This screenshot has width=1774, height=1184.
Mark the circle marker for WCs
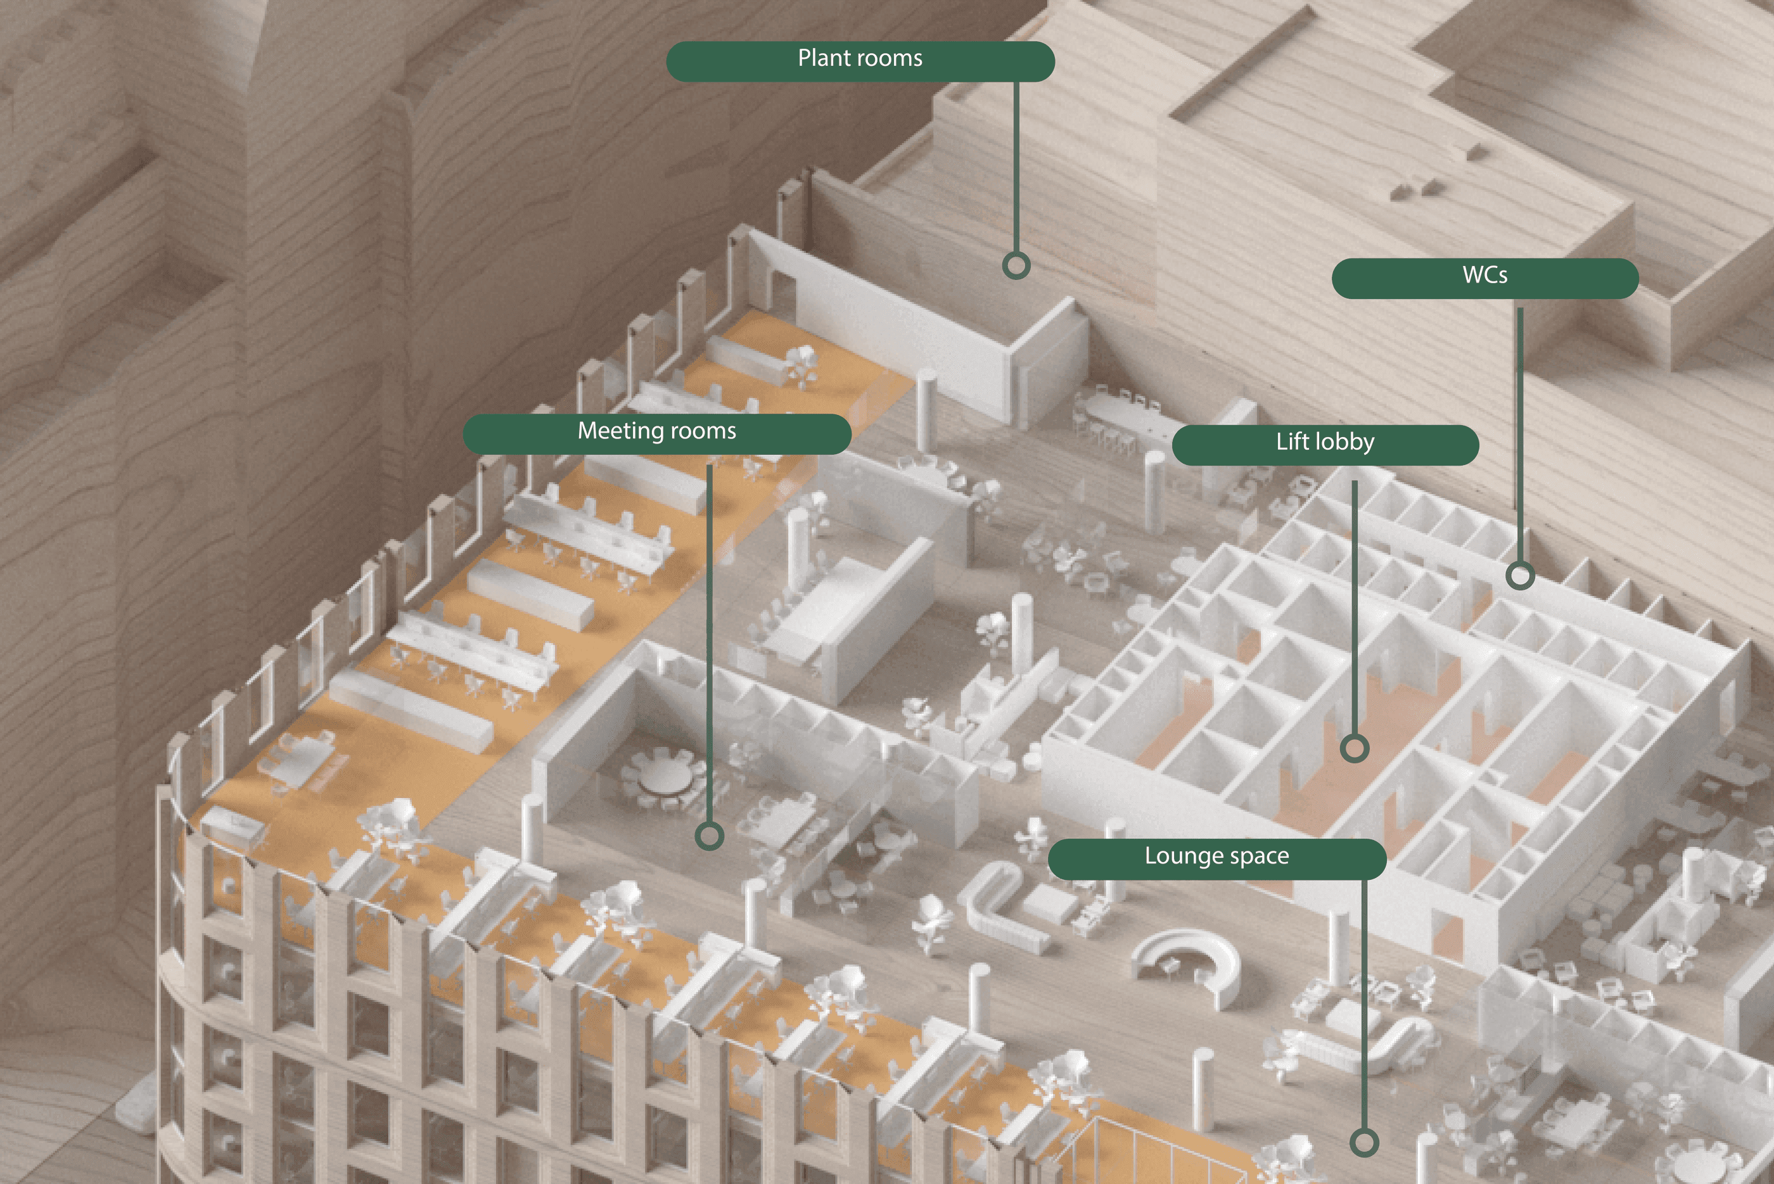pyautogui.click(x=1519, y=575)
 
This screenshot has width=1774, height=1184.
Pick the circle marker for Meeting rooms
pyautogui.click(x=708, y=836)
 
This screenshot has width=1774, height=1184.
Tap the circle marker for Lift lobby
pyautogui.click(x=1354, y=748)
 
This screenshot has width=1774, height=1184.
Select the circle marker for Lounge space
pyautogui.click(x=1363, y=1142)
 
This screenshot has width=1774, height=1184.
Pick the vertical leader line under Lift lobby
pyautogui.click(x=1354, y=604)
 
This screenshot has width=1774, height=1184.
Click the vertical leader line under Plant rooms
pyautogui.click(x=1016, y=166)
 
